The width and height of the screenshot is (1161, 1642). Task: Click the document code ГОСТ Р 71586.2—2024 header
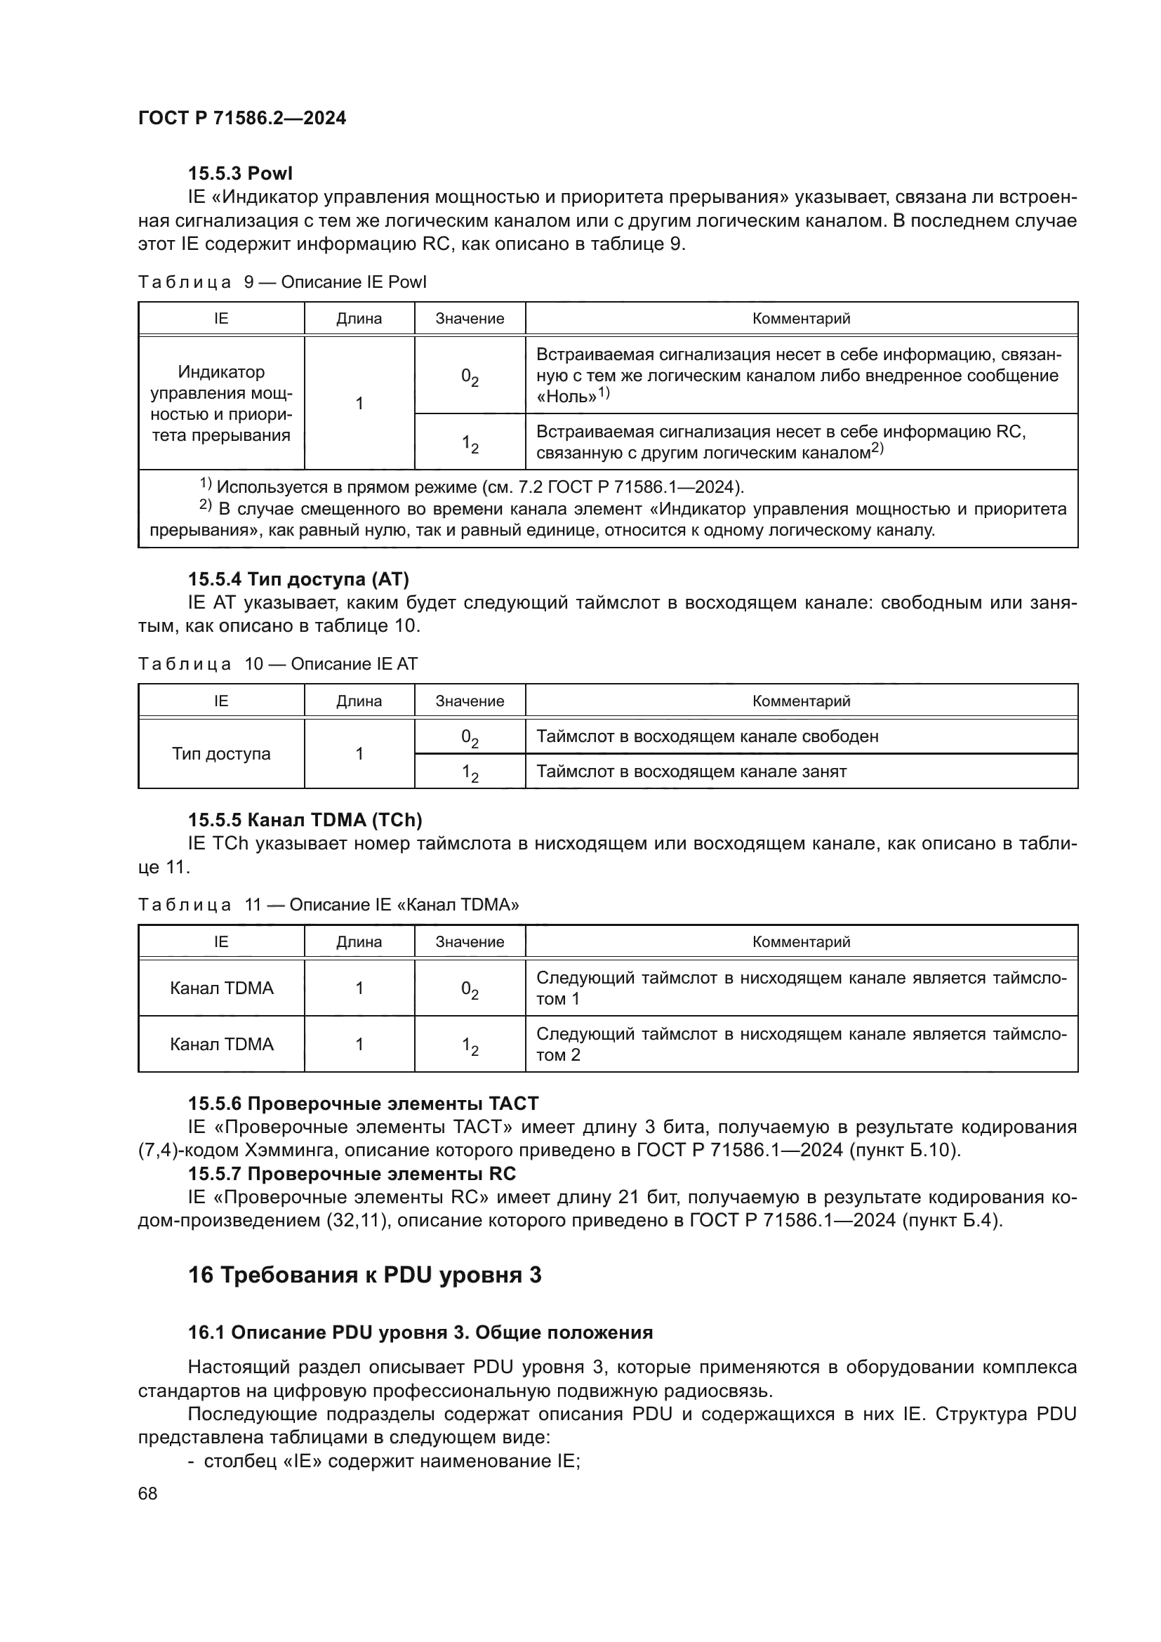[x=241, y=118]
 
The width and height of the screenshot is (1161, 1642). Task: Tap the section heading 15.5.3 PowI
[x=240, y=173]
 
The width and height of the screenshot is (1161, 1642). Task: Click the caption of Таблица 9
[x=282, y=282]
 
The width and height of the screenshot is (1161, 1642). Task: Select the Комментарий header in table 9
[x=801, y=318]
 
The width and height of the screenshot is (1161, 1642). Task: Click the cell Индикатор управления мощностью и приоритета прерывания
[x=221, y=404]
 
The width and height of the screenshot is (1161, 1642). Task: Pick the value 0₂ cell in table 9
[x=470, y=376]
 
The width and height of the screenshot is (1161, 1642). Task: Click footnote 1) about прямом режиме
[x=472, y=487]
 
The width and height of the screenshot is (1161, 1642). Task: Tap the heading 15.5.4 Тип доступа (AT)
[x=298, y=578]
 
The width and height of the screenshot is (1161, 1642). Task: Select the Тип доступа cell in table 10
[x=221, y=754]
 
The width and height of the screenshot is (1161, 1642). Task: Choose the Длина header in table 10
[x=359, y=701]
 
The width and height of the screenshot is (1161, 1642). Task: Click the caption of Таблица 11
[x=328, y=905]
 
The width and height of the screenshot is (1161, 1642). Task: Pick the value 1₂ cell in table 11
[x=470, y=1045]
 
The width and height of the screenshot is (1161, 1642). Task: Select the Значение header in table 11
[x=470, y=942]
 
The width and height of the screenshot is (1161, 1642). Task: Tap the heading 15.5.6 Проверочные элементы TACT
[x=363, y=1104]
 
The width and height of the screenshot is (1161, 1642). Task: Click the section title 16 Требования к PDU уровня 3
[x=364, y=1275]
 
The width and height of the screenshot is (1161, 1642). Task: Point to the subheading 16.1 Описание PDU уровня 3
[x=420, y=1333]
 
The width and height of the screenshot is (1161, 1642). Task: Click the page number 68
[x=148, y=1494]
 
